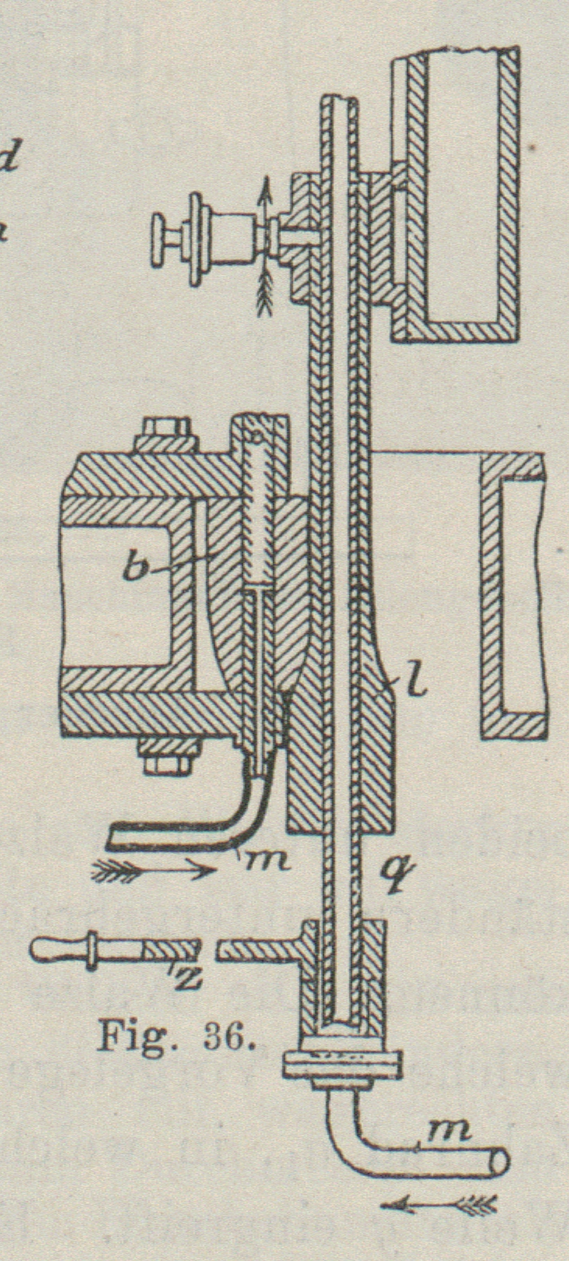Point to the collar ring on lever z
(94, 949)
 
